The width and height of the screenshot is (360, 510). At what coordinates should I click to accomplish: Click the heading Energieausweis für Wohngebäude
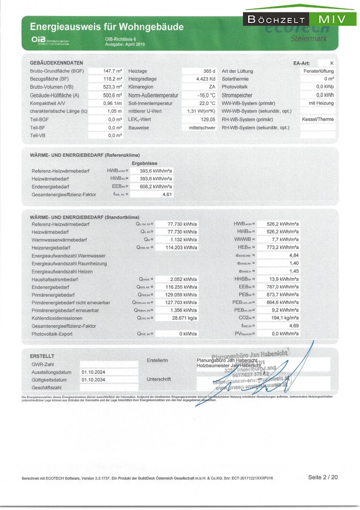click(x=107, y=27)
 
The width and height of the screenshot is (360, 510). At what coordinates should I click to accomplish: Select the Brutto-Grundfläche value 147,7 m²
click(x=113, y=71)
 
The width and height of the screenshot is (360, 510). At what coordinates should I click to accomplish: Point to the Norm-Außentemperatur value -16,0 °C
click(x=206, y=95)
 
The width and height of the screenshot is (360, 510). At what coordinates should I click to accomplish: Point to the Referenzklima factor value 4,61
click(x=166, y=194)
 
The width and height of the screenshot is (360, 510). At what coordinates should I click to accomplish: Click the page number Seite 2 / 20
click(x=323, y=477)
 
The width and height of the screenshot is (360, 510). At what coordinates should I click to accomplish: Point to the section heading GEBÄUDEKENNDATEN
click(x=56, y=63)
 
